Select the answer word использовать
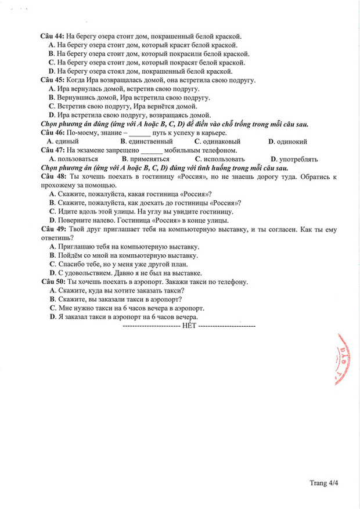[224, 159]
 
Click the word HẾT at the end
[189, 326]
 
